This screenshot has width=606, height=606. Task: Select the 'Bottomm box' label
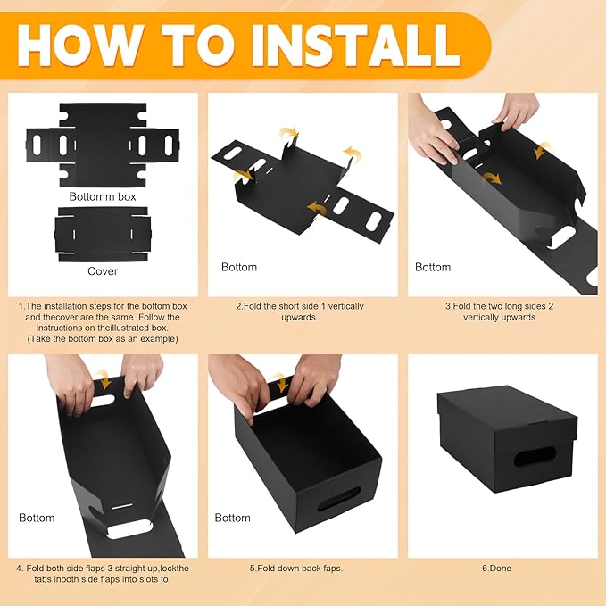[x=103, y=196]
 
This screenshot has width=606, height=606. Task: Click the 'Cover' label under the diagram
[x=103, y=271]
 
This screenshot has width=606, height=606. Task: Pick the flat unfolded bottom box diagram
[x=103, y=144]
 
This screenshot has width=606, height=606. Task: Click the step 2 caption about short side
[x=300, y=311]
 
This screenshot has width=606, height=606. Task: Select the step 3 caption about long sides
[x=500, y=311]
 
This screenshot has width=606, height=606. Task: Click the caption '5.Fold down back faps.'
[x=300, y=568]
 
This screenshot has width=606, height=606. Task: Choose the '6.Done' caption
[x=500, y=568]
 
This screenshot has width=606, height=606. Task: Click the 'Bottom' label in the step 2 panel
[x=238, y=267]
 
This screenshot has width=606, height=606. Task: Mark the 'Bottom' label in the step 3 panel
[x=433, y=267]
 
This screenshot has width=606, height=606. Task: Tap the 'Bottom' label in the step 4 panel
[x=37, y=518]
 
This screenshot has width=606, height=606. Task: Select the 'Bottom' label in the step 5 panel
[x=232, y=518]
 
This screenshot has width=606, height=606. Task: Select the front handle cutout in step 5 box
[x=339, y=497]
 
